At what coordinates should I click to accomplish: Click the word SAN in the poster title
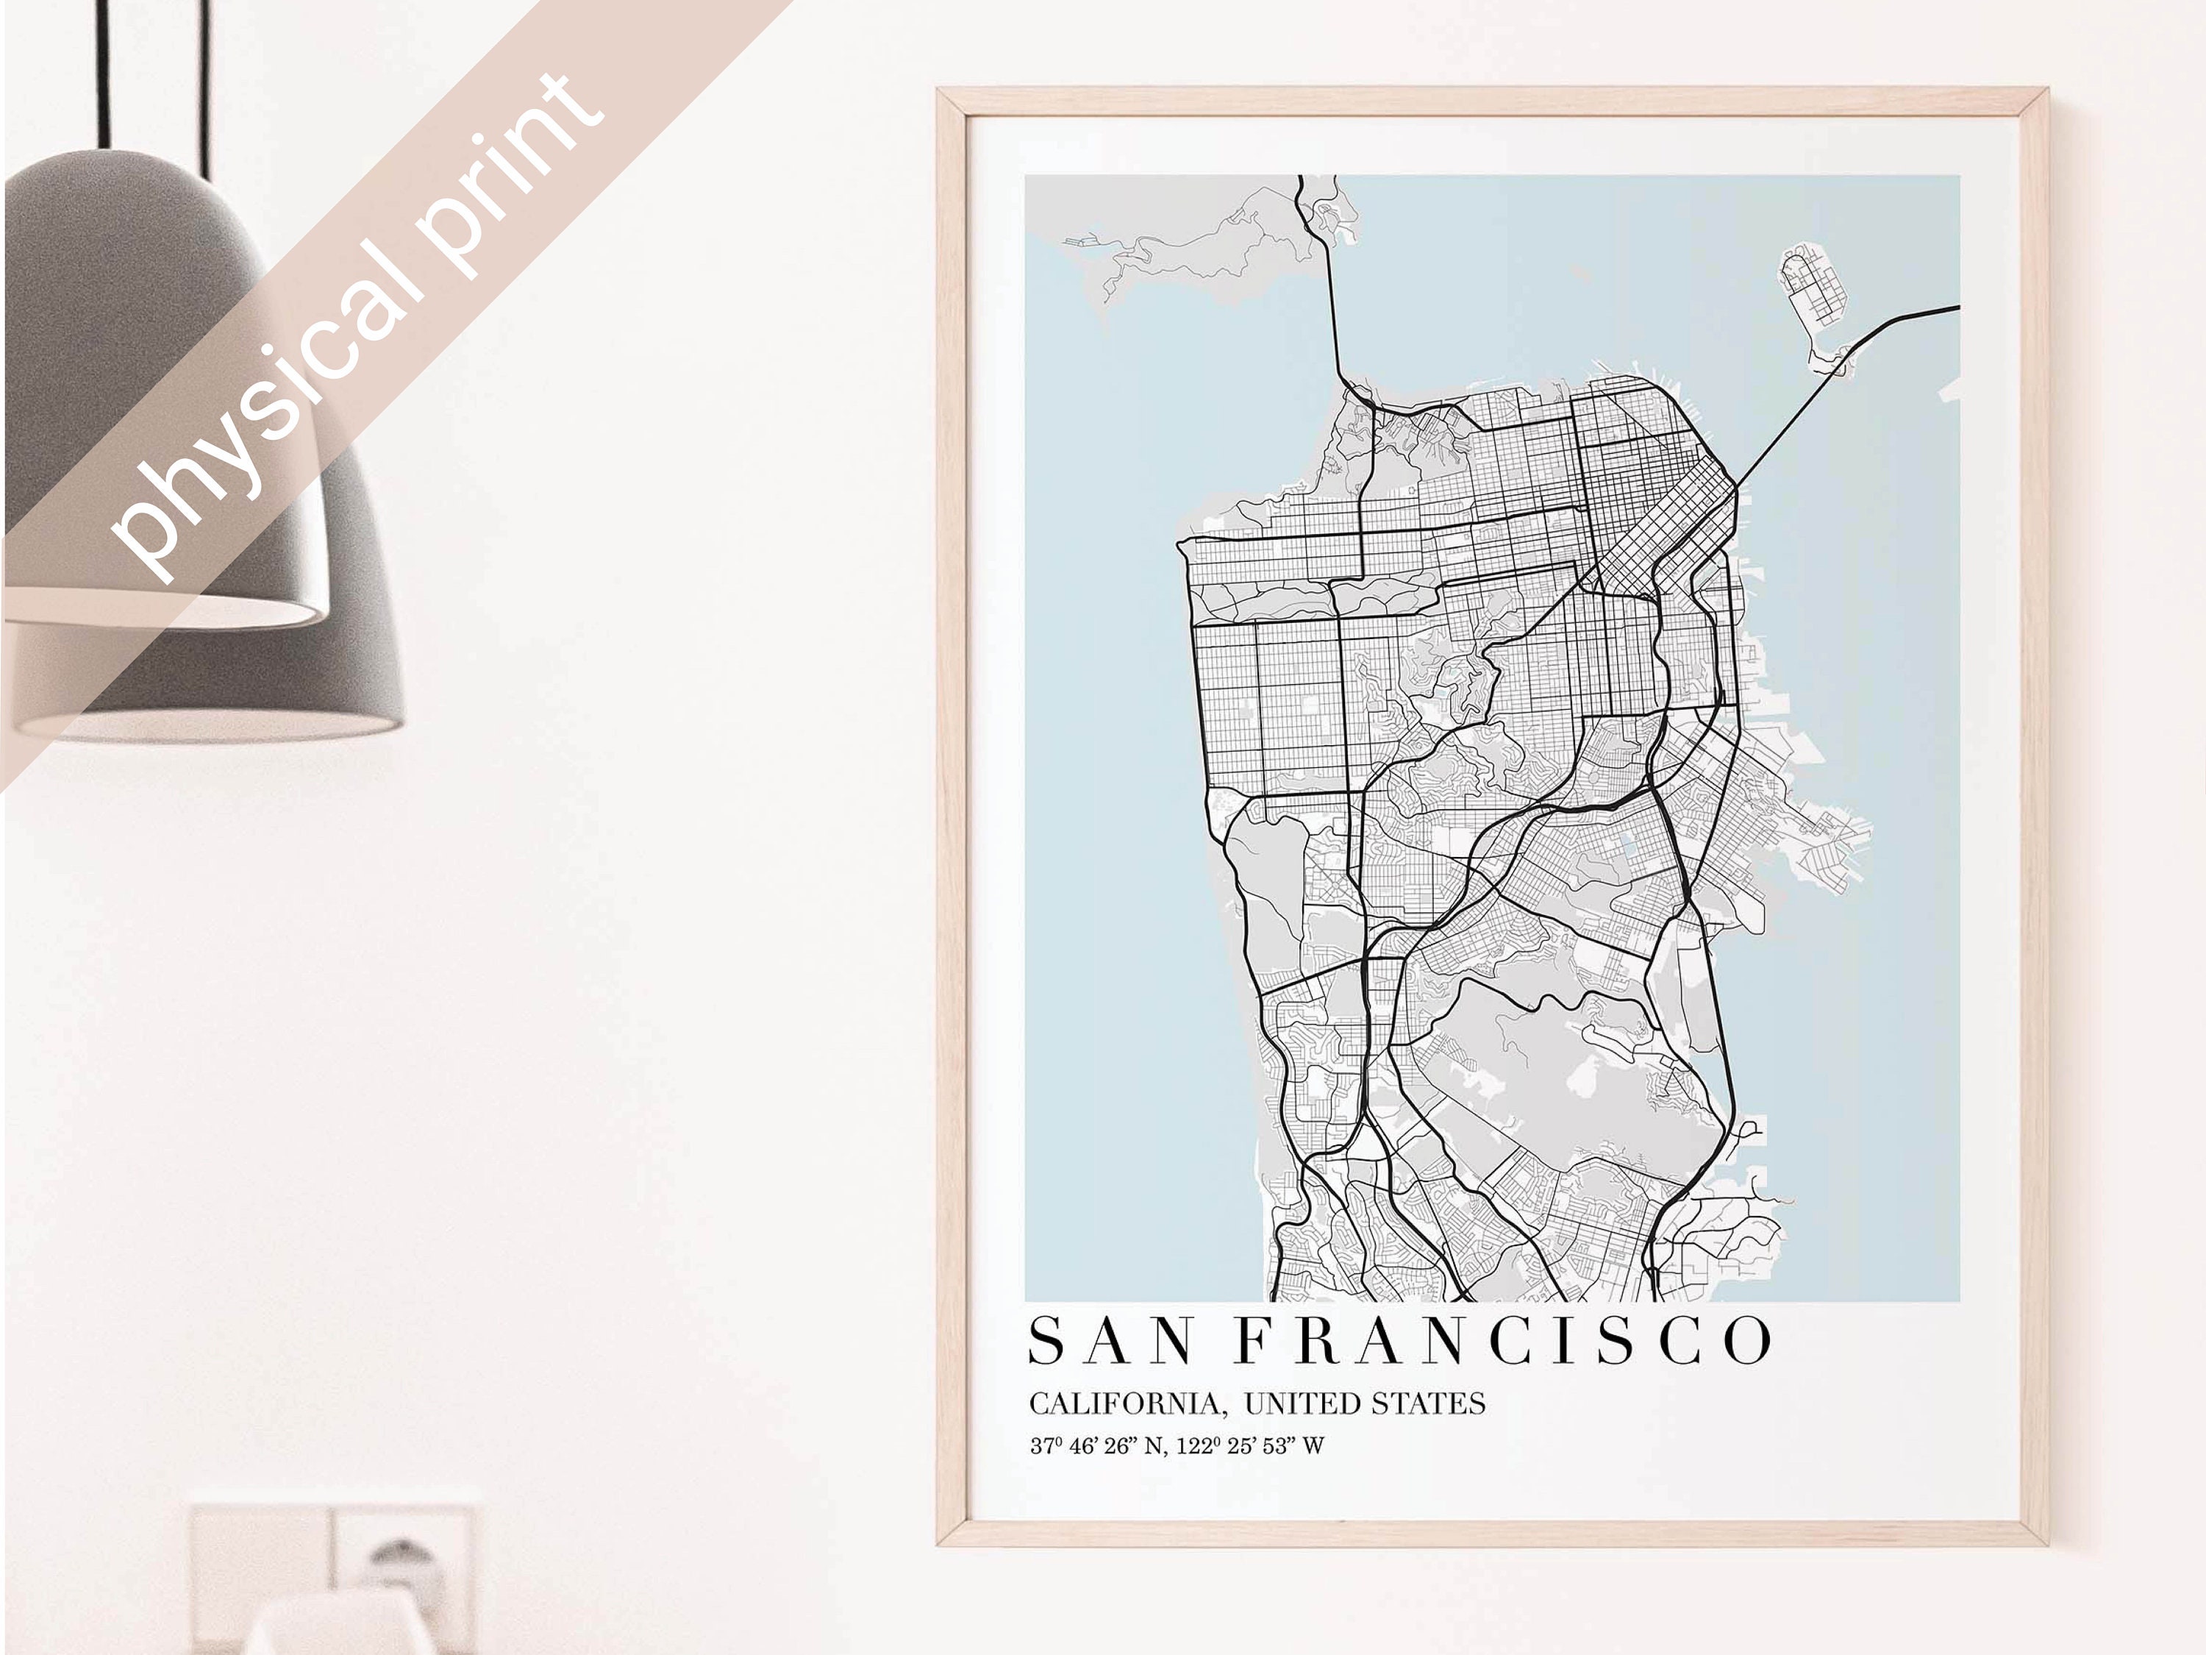click(x=1110, y=1341)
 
